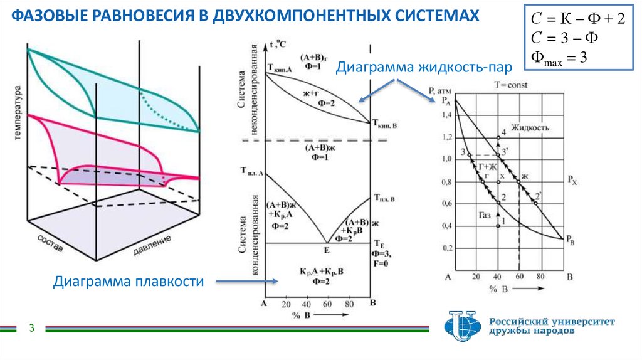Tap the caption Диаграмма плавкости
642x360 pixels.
(129, 282)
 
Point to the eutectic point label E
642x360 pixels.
(326, 250)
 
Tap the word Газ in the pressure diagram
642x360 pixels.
(485, 214)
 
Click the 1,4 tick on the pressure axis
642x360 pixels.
(446, 115)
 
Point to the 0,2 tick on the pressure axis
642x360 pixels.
(446, 248)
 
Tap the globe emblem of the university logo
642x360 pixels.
(462, 326)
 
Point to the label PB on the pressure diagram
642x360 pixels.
(570, 239)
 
